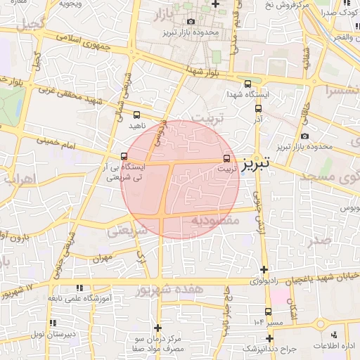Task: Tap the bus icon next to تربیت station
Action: tap(226, 158)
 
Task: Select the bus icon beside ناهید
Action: tap(136, 115)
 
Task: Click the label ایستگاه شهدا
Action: tap(243, 94)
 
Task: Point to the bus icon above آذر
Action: tap(258, 109)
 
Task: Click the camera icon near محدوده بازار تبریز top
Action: tap(191, 22)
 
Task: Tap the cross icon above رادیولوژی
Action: tap(264, 269)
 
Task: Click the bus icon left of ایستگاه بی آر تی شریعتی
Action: tap(124, 157)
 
